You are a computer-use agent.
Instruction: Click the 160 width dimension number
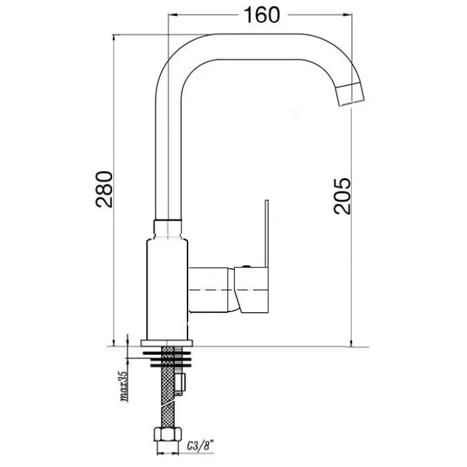262,15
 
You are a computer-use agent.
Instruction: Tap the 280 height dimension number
104,189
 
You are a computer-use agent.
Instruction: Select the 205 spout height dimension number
342,196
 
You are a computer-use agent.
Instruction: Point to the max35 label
124,386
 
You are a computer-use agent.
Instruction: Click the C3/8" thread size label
201,446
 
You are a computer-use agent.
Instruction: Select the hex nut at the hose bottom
168,434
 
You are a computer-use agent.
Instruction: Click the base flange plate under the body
167,343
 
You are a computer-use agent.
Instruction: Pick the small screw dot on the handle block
246,267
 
